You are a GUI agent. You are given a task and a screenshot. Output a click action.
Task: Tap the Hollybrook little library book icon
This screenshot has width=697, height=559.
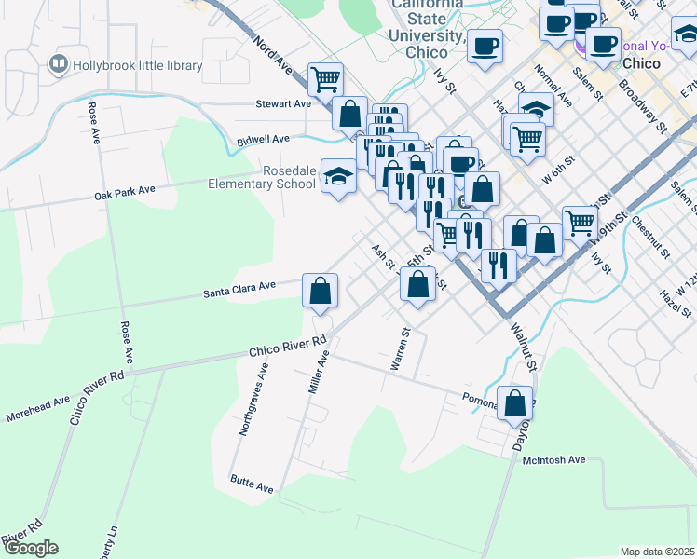(x=59, y=64)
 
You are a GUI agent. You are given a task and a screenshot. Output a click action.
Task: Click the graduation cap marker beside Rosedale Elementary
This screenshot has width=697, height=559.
(x=338, y=176)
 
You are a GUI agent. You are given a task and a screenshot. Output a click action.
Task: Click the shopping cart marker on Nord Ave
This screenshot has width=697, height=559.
(x=325, y=79)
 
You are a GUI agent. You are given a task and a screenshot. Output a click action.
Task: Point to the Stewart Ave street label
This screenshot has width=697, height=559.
(x=283, y=104)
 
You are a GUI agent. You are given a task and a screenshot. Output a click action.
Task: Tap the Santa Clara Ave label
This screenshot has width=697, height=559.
(x=240, y=292)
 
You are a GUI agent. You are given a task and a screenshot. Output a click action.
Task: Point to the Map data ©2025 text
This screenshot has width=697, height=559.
(x=657, y=552)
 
